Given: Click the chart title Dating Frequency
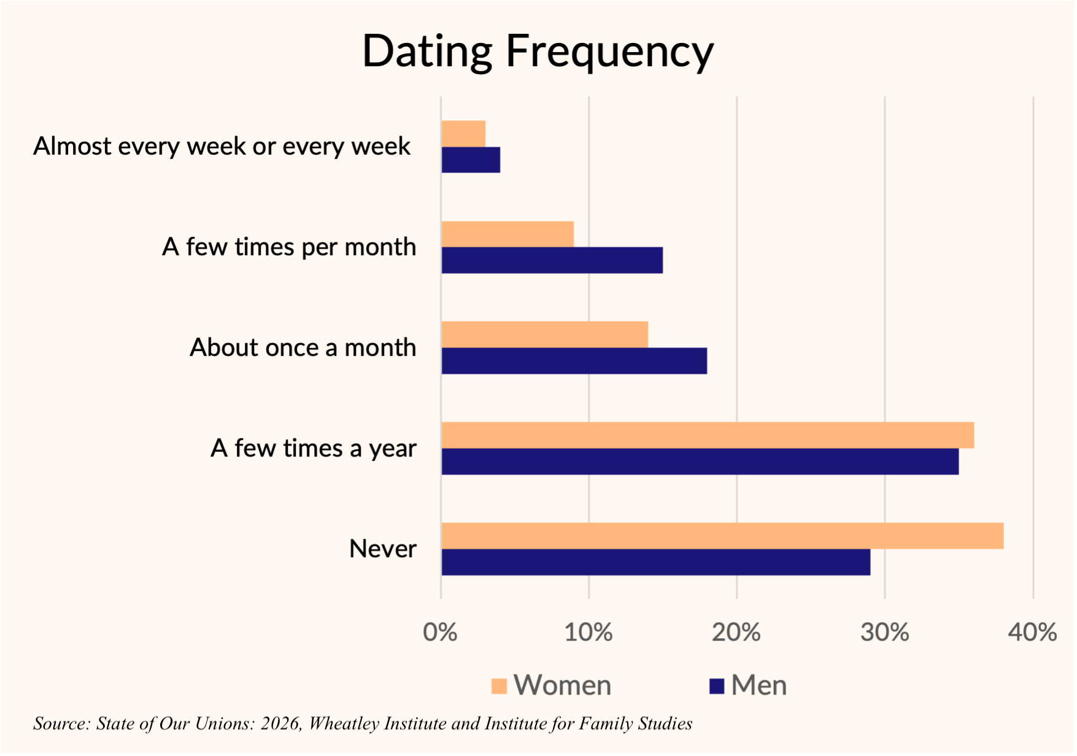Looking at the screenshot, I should click(538, 52).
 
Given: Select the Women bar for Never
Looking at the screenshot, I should click(722, 536).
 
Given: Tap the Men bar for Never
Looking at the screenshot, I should click(655, 562).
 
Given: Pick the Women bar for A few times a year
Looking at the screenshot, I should click(708, 435).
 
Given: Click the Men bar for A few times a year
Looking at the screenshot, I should click(700, 461).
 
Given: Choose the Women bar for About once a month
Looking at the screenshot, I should click(545, 334).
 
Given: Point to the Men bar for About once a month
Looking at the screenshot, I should click(574, 361).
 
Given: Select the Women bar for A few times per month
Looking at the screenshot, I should click(508, 234).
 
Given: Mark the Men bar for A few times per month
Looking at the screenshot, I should click(552, 260).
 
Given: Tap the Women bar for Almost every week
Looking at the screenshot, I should click(463, 134).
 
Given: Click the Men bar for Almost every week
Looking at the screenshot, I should click(471, 160).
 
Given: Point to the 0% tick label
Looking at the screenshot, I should click(440, 632).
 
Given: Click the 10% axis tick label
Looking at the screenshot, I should click(589, 632).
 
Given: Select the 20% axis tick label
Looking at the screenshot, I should click(736, 632).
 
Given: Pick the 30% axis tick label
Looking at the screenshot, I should click(884, 632).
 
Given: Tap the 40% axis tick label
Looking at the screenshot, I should click(1032, 632).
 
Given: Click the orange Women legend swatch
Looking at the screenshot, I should click(500, 685).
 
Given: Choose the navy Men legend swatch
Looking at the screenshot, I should click(717, 685).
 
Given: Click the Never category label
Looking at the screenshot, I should click(383, 549).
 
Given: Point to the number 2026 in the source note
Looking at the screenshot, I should click(280, 723).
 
